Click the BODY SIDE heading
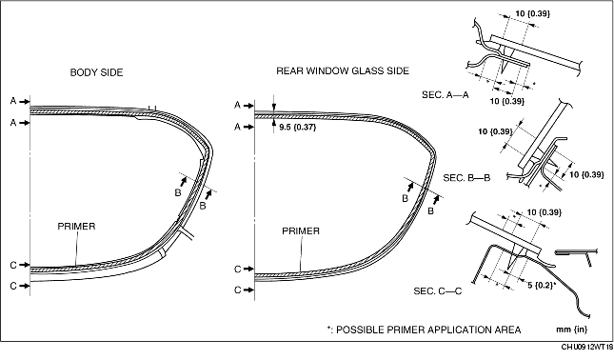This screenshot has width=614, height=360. [96, 72]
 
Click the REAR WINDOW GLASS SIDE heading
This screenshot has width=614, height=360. [343, 70]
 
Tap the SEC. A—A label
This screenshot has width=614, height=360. [446, 95]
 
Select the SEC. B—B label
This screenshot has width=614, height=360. [466, 178]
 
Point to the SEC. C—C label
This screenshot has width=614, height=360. [437, 291]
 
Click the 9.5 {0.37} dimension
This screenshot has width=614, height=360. [298, 127]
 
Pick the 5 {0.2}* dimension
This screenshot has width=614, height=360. [542, 285]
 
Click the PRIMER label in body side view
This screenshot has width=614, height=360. [76, 227]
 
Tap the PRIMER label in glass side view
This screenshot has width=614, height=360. [301, 231]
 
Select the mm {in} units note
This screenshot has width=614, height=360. [572, 330]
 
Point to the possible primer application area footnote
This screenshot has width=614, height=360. [424, 330]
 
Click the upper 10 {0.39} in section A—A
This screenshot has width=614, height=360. [532, 13]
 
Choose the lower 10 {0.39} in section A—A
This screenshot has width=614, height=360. [507, 101]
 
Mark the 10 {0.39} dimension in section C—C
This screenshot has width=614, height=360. [544, 212]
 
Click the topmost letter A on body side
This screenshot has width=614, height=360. [13, 101]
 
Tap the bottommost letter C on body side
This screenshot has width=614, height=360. [13, 286]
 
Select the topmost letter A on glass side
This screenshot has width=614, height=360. [237, 105]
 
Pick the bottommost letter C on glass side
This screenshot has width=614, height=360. [237, 290]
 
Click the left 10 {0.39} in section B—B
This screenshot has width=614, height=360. [495, 131]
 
